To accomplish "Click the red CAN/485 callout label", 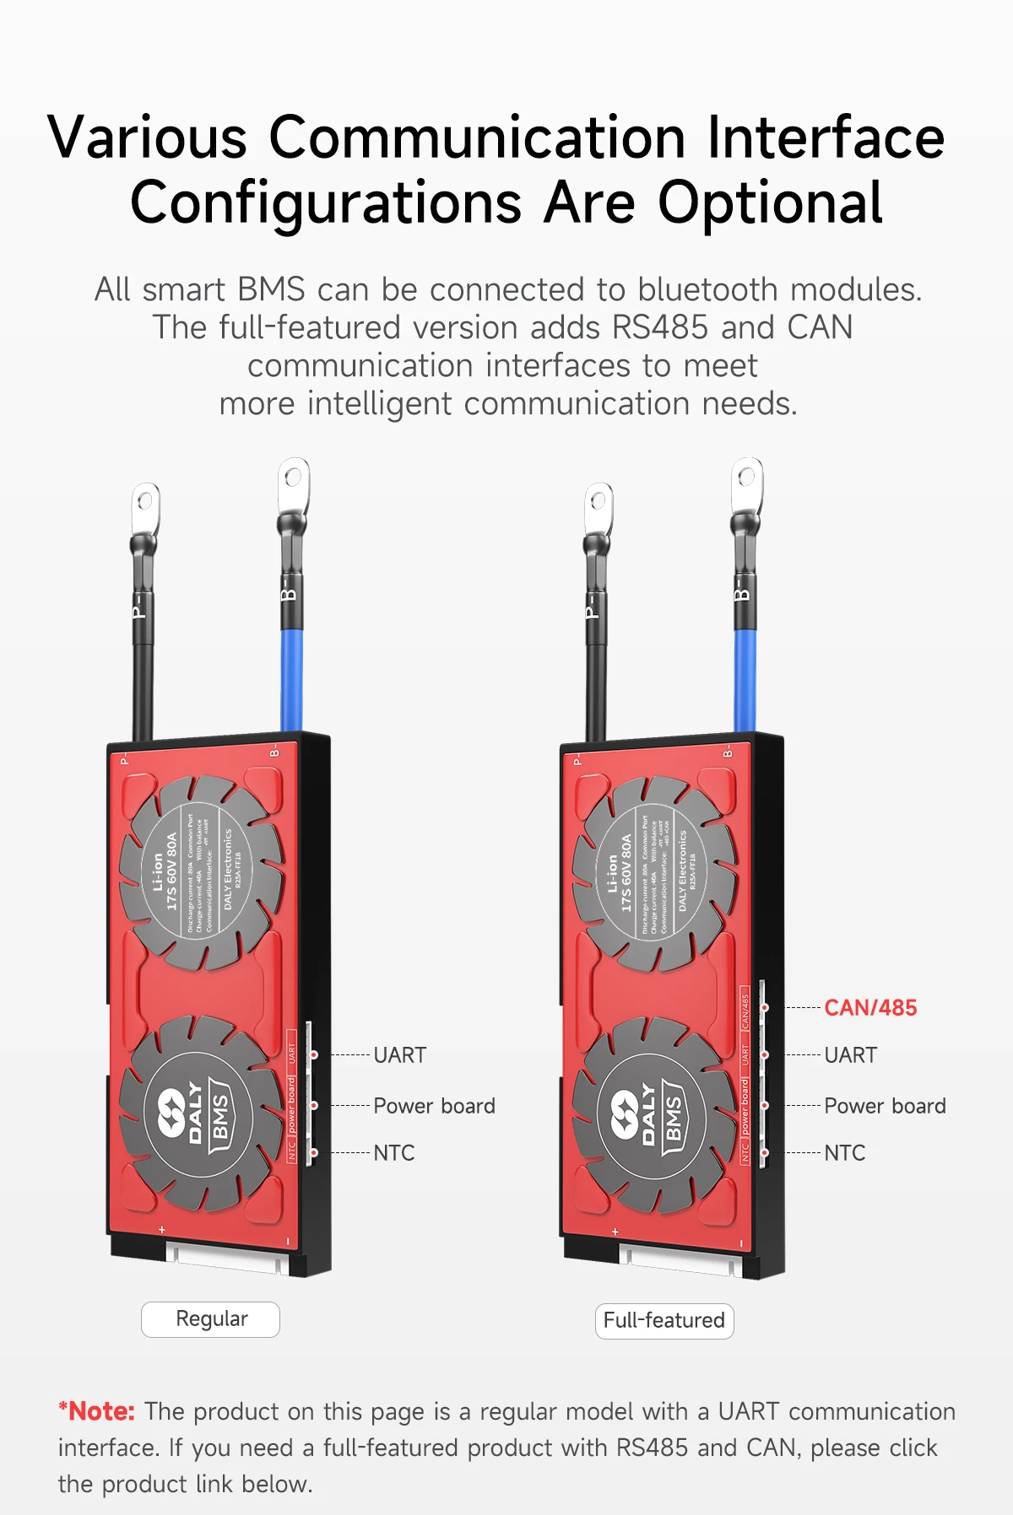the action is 869,1007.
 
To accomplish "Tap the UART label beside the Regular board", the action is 399,1055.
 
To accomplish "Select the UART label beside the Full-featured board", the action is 850,1055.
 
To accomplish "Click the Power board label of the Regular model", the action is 434,1106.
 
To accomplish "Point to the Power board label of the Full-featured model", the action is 885,1106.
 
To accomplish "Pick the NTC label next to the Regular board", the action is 393,1153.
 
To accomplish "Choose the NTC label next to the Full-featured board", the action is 844,1153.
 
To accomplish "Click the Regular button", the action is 211,1319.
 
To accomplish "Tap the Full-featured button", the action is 664,1320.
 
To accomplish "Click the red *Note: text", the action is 96,1411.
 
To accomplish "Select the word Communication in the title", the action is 477,137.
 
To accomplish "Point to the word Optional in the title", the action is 770,203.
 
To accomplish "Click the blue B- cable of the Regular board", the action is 291,675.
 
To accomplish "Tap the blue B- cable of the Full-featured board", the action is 745,675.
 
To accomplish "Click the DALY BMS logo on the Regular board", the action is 196,1113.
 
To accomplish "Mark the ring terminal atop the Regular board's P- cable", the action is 145,506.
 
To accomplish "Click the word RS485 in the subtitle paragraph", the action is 660,327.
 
